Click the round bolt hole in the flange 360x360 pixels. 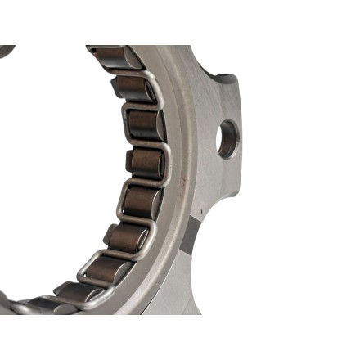point(227,138)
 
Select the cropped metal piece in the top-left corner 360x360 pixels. point(6,51)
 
